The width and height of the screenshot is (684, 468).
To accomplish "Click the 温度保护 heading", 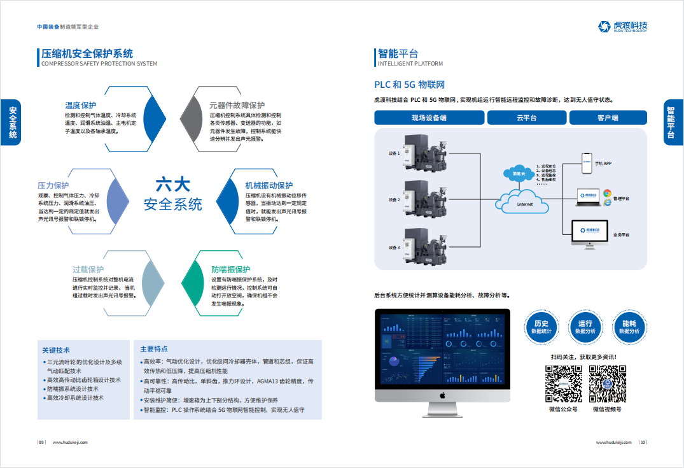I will [x=80, y=105].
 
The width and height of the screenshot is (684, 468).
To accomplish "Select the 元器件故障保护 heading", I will [x=237, y=105].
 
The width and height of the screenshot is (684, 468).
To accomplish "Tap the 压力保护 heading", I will [x=53, y=185].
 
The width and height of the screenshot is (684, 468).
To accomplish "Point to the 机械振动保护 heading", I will [x=269, y=185].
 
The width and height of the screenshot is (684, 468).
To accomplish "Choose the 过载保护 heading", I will [x=88, y=269].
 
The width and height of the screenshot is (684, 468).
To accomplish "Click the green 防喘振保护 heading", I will [x=230, y=269].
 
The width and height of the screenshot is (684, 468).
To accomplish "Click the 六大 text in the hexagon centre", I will [x=172, y=185].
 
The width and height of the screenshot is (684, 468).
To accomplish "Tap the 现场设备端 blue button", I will [x=428, y=118].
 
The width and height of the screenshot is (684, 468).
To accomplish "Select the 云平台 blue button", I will [x=526, y=118].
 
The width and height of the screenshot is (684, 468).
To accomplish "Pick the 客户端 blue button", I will [x=608, y=118].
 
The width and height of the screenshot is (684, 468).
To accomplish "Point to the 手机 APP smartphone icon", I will [x=587, y=162].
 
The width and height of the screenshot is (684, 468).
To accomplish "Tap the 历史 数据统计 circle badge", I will [x=541, y=327].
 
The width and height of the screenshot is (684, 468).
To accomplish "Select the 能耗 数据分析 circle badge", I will [x=629, y=327].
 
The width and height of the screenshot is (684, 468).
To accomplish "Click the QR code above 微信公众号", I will [x=564, y=383].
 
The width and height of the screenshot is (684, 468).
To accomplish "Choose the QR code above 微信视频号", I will [x=607, y=383].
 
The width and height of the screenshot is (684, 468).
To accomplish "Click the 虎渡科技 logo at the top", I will [x=623, y=27].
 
